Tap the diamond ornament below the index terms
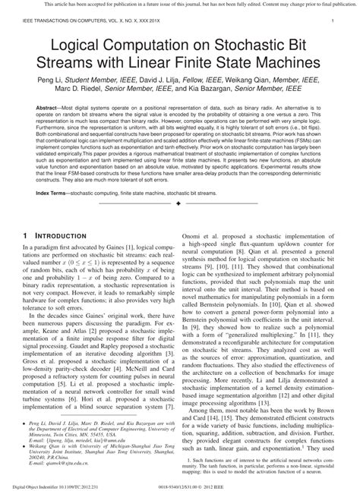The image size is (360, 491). click(x=180, y=204)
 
